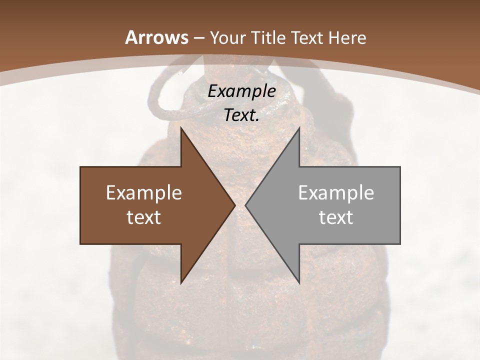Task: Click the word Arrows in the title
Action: [x=156, y=37]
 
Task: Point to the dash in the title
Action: [x=198, y=38]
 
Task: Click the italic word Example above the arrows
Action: [x=241, y=91]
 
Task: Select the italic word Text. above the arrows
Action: [x=241, y=115]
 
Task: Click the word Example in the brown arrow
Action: [x=143, y=193]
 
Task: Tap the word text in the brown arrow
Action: [x=143, y=217]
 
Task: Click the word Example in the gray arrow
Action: [x=336, y=193]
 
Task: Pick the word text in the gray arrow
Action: [x=336, y=217]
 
